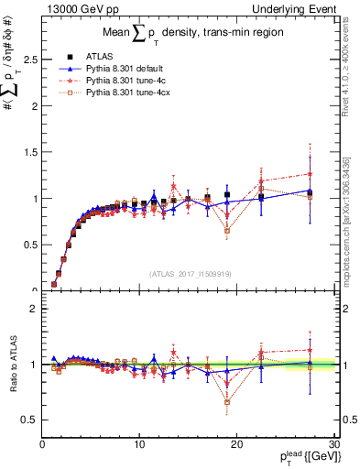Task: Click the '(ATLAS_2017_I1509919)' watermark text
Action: [x=190, y=273]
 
